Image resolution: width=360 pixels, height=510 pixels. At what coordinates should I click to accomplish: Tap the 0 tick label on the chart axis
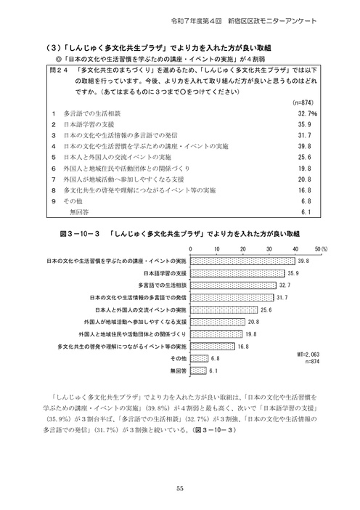tap(189, 249)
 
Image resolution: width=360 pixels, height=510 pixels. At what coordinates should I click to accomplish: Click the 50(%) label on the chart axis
tap(323, 249)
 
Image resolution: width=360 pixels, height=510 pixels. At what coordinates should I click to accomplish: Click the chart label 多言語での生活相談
tap(159, 286)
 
